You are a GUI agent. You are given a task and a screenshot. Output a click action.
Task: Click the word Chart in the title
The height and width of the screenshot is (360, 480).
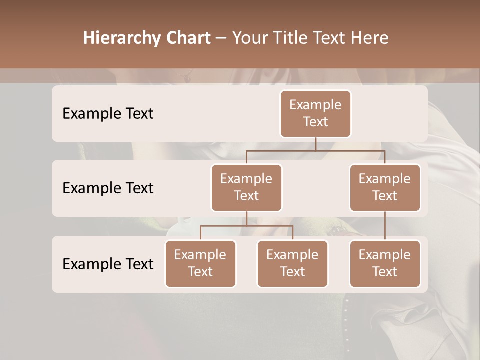click(x=187, y=38)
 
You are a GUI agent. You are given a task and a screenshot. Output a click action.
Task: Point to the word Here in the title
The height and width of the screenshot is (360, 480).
click(x=370, y=38)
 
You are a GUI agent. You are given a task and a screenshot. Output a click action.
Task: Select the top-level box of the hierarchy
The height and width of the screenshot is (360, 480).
click(x=315, y=113)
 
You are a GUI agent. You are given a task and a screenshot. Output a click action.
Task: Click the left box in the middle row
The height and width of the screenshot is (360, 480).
click(x=246, y=187)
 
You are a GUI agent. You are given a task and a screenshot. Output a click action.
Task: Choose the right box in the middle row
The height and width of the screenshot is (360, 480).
click(x=385, y=187)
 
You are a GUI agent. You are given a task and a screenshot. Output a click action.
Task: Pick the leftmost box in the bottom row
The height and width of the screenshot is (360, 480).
click(x=200, y=263)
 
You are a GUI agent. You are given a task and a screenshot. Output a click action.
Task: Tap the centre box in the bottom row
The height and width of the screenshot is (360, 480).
click(x=292, y=263)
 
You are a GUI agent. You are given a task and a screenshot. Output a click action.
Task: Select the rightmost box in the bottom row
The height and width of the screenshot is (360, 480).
click(x=385, y=263)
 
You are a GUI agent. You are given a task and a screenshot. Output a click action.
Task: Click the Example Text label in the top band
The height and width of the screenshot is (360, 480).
click(x=108, y=113)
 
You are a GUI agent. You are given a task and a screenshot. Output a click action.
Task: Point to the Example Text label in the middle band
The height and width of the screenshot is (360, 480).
click(x=108, y=188)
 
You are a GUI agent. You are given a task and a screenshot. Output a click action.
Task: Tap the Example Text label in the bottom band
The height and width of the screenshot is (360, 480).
click(x=108, y=264)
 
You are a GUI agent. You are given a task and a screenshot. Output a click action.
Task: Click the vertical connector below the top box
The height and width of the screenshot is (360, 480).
click(x=315, y=144)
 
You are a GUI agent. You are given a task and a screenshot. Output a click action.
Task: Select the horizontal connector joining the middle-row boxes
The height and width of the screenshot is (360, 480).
click(x=315, y=150)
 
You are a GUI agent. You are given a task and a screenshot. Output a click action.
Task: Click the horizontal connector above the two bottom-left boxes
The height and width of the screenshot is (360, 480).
click(x=246, y=226)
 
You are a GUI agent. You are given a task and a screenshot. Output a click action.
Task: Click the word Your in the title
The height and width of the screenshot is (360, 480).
click(x=249, y=38)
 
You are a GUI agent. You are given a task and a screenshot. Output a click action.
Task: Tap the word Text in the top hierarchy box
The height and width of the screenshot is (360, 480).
click(x=315, y=122)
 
